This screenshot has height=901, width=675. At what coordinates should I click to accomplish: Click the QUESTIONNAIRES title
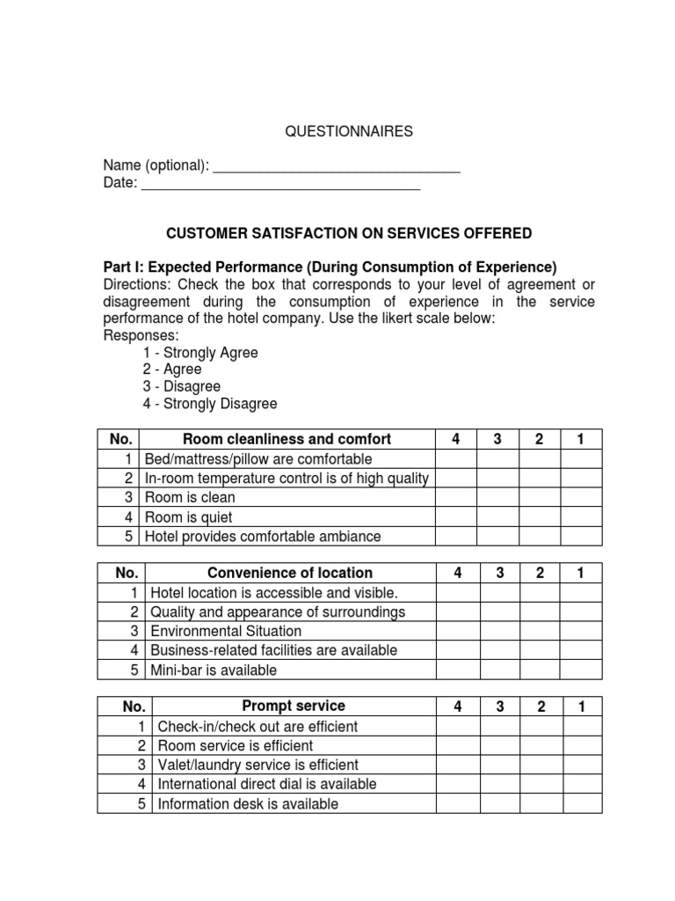pyautogui.click(x=349, y=131)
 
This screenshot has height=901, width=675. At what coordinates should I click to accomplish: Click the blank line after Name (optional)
pyautogui.click(x=337, y=166)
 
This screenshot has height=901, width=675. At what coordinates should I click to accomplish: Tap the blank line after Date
pyautogui.click(x=280, y=185)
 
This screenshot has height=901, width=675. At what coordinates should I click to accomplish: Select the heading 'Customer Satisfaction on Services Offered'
pyautogui.click(x=349, y=233)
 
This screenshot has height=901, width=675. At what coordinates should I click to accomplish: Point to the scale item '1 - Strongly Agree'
pyautogui.click(x=200, y=352)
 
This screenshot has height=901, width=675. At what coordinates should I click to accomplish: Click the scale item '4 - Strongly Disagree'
pyautogui.click(x=210, y=404)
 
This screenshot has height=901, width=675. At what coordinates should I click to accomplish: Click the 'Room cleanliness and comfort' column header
pyautogui.click(x=287, y=439)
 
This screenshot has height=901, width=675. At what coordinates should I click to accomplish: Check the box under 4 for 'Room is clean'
pyautogui.click(x=456, y=497)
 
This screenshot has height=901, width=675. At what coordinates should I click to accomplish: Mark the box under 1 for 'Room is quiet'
pyautogui.click(x=581, y=516)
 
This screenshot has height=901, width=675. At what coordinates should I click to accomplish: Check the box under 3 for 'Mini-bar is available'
pyautogui.click(x=498, y=670)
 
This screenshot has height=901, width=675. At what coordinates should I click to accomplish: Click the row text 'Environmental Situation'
pyautogui.click(x=226, y=631)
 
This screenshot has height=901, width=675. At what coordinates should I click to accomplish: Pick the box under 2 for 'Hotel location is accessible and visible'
pyautogui.click(x=541, y=592)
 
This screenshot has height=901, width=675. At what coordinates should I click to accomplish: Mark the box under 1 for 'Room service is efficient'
pyautogui.click(x=581, y=745)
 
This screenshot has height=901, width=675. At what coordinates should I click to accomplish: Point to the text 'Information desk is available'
pyautogui.click(x=248, y=803)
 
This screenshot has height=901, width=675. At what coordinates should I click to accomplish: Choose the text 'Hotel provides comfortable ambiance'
pyautogui.click(x=263, y=536)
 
